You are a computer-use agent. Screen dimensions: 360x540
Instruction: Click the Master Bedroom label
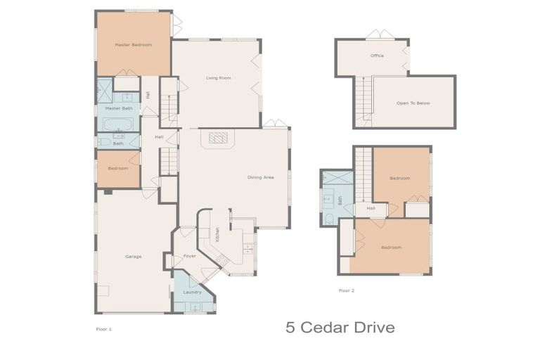click(133, 45)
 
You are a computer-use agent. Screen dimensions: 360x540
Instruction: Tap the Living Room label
click(219, 78)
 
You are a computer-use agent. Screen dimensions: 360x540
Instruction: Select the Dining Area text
click(261, 177)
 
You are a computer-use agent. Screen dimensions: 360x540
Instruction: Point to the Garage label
click(134, 257)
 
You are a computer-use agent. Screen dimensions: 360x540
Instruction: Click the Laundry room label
click(193, 292)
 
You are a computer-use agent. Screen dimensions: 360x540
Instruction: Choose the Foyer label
click(190, 256)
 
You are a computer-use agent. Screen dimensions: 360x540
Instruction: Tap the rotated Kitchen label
click(217, 236)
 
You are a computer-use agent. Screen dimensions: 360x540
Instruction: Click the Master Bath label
click(119, 108)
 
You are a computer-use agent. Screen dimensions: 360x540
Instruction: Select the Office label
click(377, 56)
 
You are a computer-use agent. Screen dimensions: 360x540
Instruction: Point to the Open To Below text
click(413, 103)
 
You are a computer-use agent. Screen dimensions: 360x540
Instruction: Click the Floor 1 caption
click(103, 328)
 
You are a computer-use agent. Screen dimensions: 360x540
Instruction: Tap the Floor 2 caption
click(347, 290)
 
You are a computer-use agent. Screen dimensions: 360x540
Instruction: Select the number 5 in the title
click(290, 328)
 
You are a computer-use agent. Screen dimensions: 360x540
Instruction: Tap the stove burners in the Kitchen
click(224, 262)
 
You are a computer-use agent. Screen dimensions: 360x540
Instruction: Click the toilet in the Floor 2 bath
click(329, 219)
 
